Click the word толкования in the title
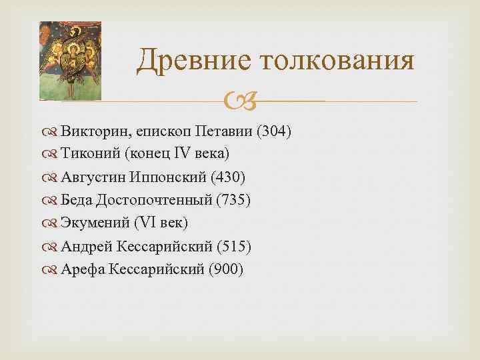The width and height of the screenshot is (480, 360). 337,61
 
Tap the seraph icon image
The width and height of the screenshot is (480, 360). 70,61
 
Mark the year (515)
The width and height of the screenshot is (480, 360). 233,246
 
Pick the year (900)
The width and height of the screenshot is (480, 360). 226,269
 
